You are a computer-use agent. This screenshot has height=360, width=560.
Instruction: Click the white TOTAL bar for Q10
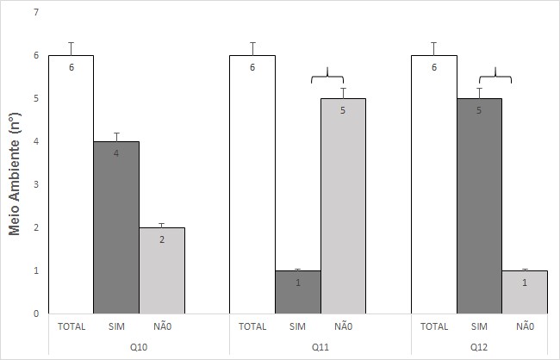71,184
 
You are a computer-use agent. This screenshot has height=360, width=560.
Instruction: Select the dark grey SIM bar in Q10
116,227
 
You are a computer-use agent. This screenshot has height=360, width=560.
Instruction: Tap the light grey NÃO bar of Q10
162,270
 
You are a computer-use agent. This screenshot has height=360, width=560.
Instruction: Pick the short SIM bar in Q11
298,292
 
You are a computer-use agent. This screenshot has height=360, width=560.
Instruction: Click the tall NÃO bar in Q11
343,206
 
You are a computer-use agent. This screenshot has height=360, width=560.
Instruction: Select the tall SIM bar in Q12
479,206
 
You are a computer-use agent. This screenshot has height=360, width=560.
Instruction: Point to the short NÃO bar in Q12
525,292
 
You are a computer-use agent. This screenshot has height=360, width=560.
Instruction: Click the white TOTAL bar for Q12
433,184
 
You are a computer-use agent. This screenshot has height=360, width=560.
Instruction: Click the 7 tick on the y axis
35,13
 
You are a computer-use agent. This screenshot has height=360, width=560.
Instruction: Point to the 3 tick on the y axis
35,184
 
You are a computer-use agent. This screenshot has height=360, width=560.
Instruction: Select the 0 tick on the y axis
35,313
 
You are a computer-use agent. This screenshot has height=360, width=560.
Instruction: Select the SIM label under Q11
297,326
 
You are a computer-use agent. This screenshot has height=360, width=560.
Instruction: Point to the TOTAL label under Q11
252,326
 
